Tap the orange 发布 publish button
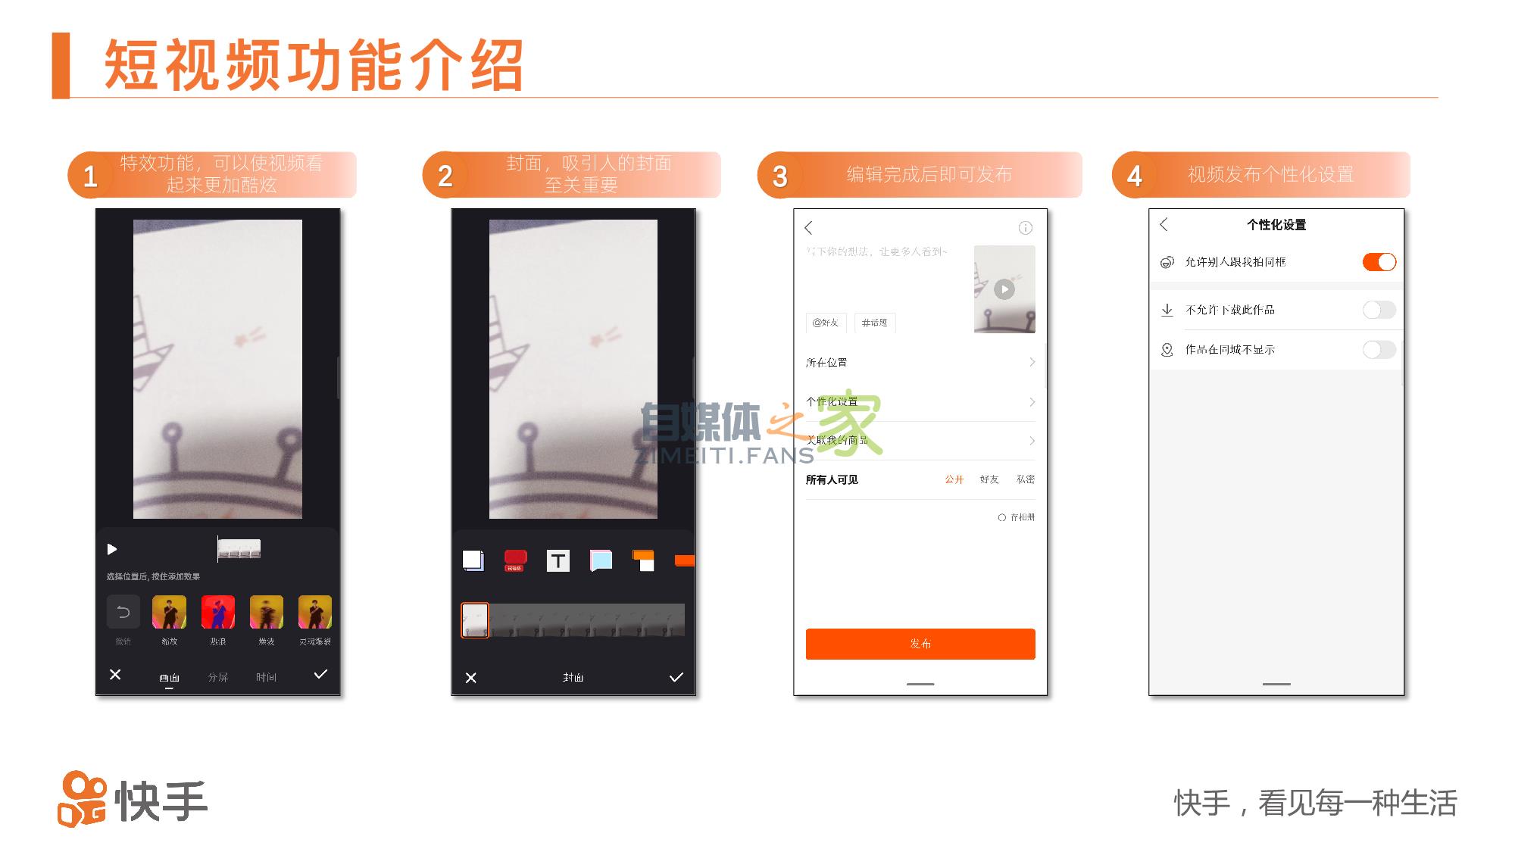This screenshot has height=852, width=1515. point(920,644)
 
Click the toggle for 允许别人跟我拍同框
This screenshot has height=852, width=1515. point(1379,262)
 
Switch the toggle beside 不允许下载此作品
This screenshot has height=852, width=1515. point(1379,310)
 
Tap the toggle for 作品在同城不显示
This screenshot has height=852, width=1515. point(1379,349)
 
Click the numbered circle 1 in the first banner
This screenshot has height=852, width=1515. point(90,176)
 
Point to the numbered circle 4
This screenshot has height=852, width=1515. point(1134,176)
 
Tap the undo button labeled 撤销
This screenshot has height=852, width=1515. point(123,612)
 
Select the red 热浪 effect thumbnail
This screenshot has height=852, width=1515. point(218,612)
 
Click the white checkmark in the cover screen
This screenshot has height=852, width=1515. point(676,677)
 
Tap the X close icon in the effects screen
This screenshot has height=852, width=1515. point(115,674)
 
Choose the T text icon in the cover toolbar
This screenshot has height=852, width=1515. point(558,560)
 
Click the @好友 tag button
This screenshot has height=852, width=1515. point(825,323)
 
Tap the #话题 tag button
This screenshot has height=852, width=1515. point(874,323)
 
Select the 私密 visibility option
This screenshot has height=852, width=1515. point(1025,479)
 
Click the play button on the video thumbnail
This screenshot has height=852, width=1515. point(1004,289)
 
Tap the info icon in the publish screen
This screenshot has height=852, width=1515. point(1025,228)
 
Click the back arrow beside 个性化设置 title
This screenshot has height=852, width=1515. point(1164,224)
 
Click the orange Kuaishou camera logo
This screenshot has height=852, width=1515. point(82,800)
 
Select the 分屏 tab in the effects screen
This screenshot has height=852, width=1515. point(218,677)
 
